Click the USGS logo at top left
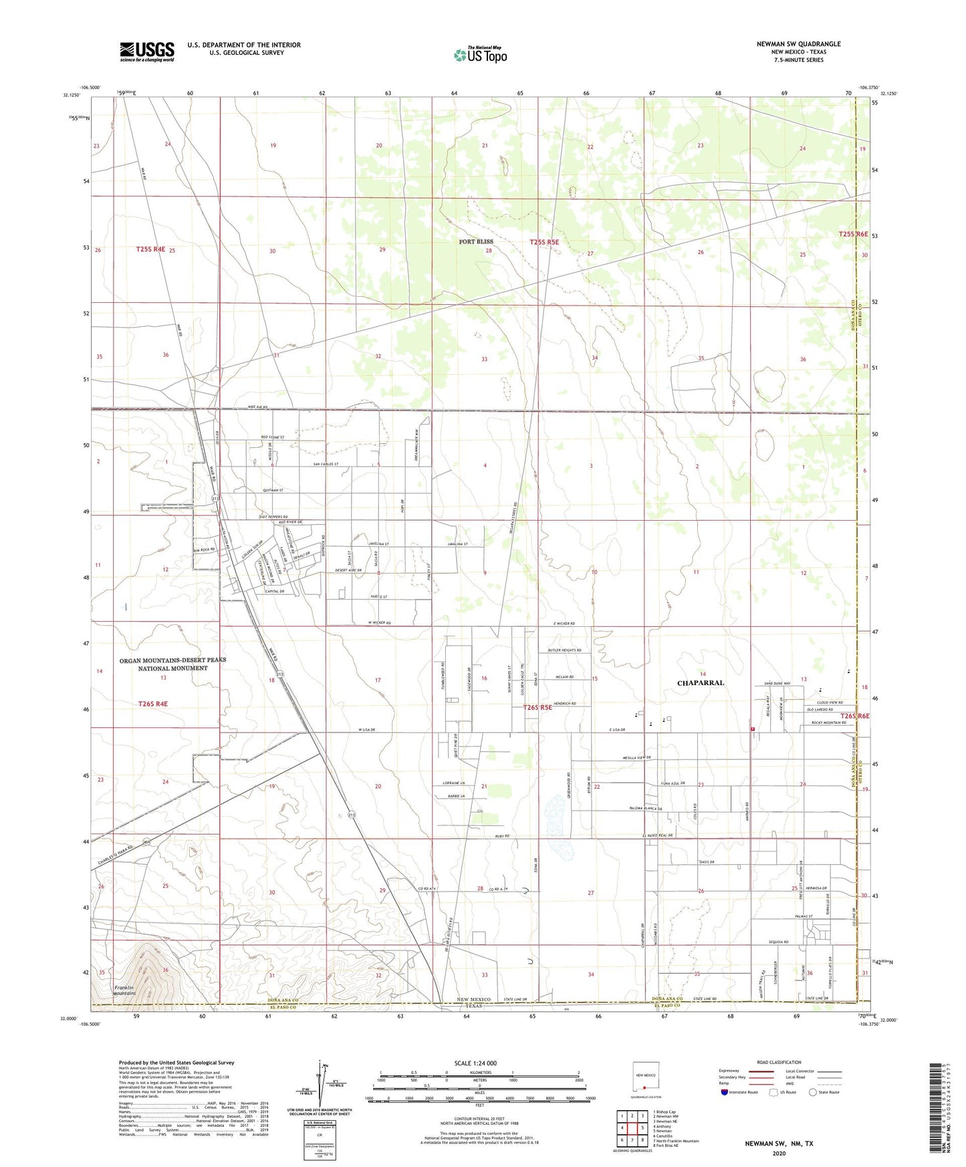click(147, 51)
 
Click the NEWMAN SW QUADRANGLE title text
click(798, 44)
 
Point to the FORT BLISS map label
click(476, 241)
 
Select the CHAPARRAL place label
click(700, 683)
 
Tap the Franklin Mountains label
click(124, 991)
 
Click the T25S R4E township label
click(150, 249)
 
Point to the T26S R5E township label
click(537, 707)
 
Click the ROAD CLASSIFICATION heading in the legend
click(779, 1062)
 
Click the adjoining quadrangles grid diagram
click(632, 1128)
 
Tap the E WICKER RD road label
click(564, 624)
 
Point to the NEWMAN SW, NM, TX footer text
click(779, 1144)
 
